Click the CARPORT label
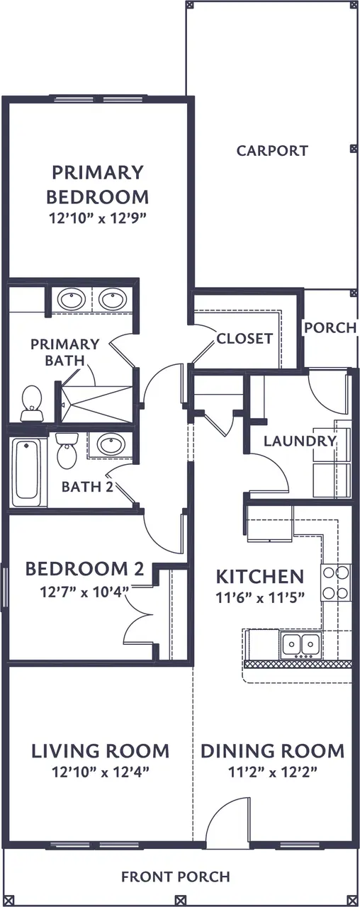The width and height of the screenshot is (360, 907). pyautogui.click(x=272, y=151)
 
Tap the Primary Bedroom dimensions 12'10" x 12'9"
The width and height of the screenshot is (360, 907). pyautogui.click(x=97, y=219)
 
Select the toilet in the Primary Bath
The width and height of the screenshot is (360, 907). pyautogui.click(x=32, y=403)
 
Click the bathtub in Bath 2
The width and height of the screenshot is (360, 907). pyautogui.click(x=27, y=472)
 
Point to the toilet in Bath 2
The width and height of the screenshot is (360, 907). pyautogui.click(x=67, y=450)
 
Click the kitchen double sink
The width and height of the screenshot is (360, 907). pyautogui.click(x=302, y=643)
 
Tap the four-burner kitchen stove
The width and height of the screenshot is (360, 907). pyautogui.click(x=336, y=582)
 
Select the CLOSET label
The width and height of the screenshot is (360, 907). pyautogui.click(x=244, y=339)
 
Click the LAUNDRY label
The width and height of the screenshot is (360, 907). pyautogui.click(x=300, y=441)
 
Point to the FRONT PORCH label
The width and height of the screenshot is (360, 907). pyautogui.click(x=176, y=877)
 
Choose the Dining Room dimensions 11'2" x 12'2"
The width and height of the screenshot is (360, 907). pyautogui.click(x=273, y=772)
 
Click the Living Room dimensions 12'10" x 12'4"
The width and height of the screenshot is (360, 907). pyautogui.click(x=101, y=772)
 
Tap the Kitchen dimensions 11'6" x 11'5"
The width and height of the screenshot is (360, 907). pyautogui.click(x=260, y=597)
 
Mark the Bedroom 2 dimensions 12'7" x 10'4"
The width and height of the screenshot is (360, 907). pyautogui.click(x=84, y=592)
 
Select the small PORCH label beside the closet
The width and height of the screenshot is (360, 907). pyautogui.click(x=330, y=327)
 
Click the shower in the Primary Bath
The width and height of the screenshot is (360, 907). pyautogui.click(x=96, y=403)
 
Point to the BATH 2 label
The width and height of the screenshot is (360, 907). pyautogui.click(x=87, y=487)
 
